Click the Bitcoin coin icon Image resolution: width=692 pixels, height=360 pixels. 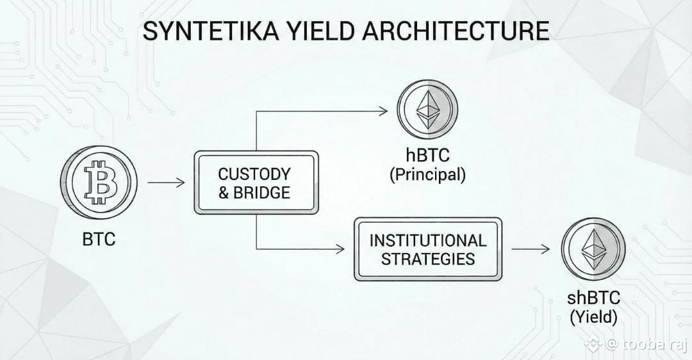tap(99, 182)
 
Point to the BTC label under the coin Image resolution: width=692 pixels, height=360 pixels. tap(99, 240)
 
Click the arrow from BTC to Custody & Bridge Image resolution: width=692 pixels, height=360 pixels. tap(166, 183)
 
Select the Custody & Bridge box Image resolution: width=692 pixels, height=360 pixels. tap(256, 183)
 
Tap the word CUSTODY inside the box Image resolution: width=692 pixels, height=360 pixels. tap(254, 174)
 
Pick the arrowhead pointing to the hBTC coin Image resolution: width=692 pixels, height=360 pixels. tap(383, 111)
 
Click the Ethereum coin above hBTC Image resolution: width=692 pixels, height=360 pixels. tap(427, 110)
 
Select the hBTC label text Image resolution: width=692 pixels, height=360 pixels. tap(427, 156)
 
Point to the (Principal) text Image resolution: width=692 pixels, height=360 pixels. tap(427, 174)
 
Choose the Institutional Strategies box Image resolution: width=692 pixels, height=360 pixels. tap(428, 249)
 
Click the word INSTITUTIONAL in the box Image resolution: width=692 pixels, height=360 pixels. tap(428, 240)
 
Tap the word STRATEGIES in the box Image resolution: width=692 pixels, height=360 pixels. tap(428, 259)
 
